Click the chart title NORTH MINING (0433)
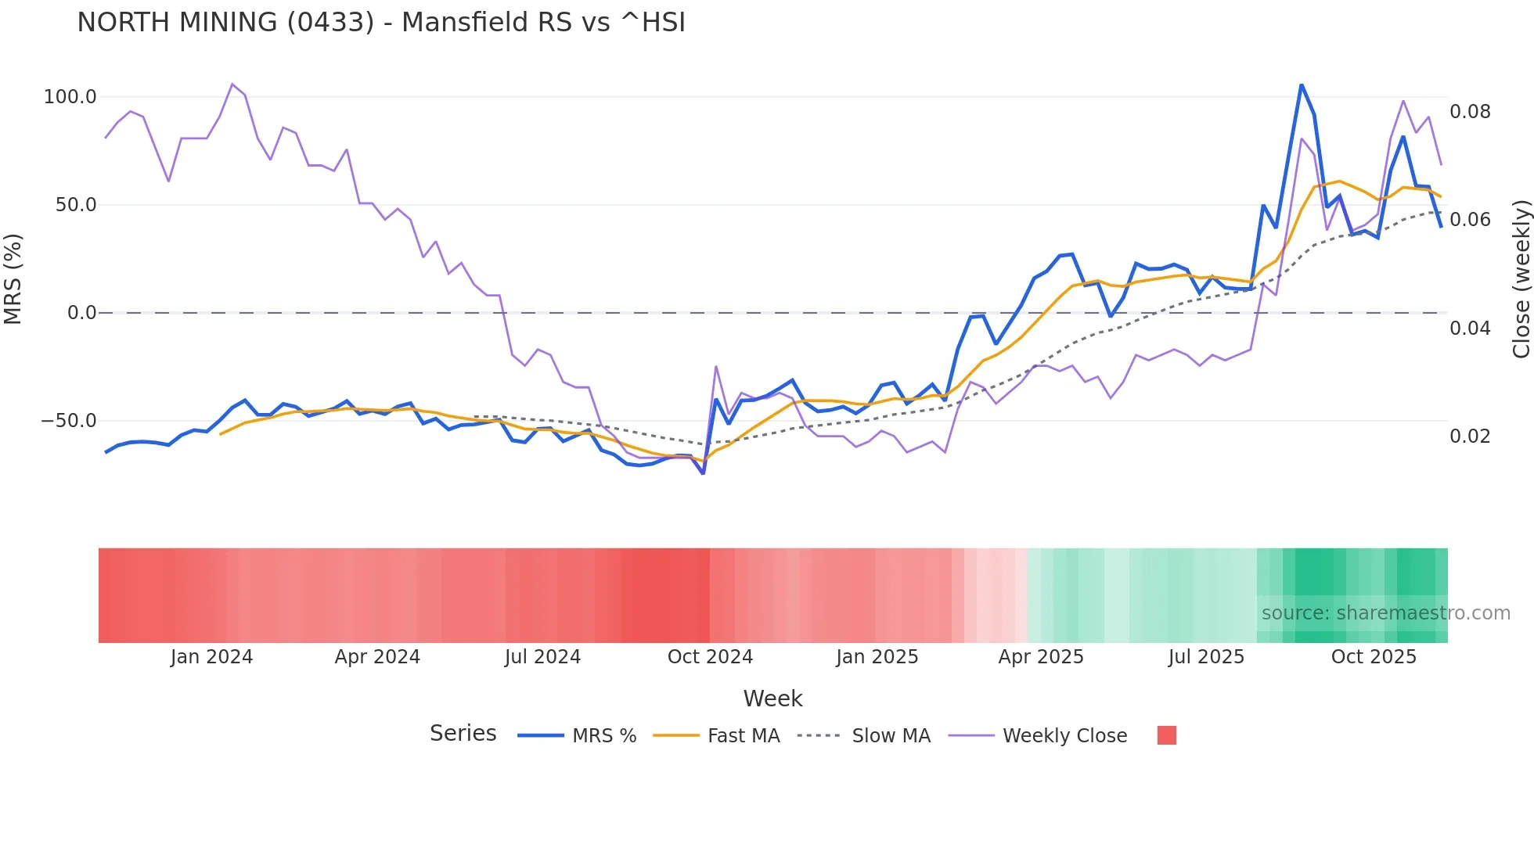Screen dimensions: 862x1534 click(x=381, y=22)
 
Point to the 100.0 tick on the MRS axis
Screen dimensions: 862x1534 click(x=70, y=97)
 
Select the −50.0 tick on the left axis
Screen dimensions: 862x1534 click(x=69, y=421)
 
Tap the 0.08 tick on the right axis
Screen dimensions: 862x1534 click(x=1470, y=112)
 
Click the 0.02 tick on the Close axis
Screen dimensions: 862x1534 click(x=1470, y=436)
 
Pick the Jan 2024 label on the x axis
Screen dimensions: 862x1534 click(x=211, y=657)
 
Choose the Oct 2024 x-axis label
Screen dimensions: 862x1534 click(x=710, y=657)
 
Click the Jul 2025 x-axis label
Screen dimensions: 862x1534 click(x=1206, y=657)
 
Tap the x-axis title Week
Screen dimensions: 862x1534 click(x=772, y=699)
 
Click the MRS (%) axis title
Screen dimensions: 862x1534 click(x=13, y=279)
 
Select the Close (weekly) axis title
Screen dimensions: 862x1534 click(x=1521, y=279)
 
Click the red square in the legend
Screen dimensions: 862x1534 click(x=1166, y=735)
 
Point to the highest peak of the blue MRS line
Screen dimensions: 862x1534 click(x=1302, y=84)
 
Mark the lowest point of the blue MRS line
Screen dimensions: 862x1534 click(x=703, y=473)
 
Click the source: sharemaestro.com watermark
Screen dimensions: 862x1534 click(x=1385, y=613)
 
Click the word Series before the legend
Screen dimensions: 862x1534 click(x=463, y=734)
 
